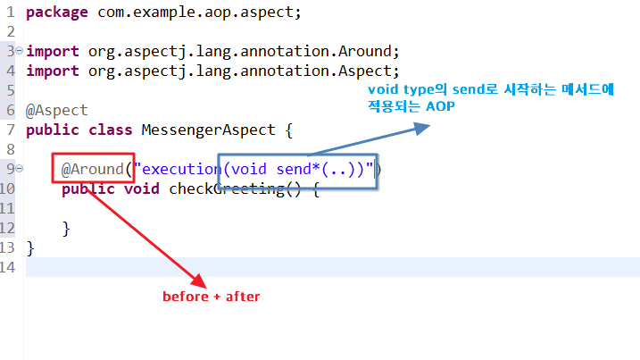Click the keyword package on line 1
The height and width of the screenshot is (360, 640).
pos(57,13)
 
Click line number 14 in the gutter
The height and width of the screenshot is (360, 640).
pos(9,267)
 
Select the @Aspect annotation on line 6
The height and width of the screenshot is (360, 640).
pos(57,110)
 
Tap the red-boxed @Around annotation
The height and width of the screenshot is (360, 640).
pos(93,169)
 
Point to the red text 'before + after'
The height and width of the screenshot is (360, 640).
pos(211,297)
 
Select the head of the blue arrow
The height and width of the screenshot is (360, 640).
pos(422,130)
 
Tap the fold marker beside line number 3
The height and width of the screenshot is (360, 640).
pos(19,52)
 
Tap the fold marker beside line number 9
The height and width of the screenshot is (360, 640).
pos(19,169)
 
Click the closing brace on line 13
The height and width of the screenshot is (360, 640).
pos(31,247)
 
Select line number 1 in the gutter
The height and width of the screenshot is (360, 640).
pos(9,13)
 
